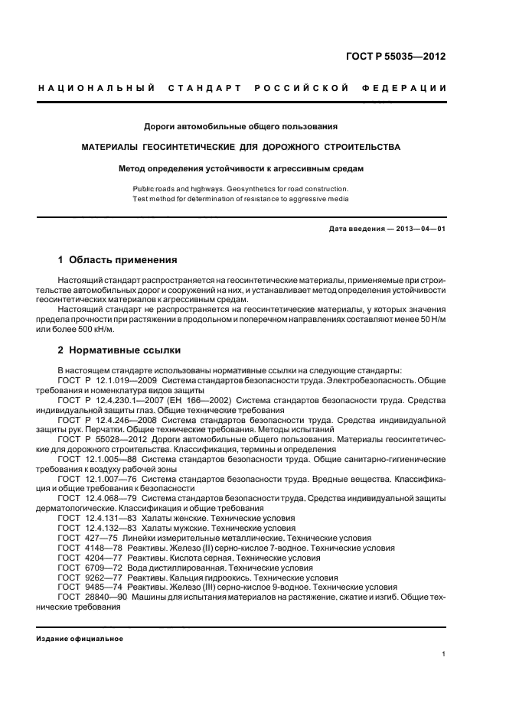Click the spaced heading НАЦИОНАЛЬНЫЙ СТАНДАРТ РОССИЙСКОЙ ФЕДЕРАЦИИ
pyautogui.click(x=243, y=89)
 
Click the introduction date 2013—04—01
pyautogui.click(x=421, y=229)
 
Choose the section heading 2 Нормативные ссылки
pyautogui.click(x=119, y=350)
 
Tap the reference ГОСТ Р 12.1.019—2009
pyautogui.click(x=104, y=379)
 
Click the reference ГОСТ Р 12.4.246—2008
pyautogui.click(x=104, y=419)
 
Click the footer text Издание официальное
pyautogui.click(x=80, y=639)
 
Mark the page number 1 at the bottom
pyautogui.click(x=444, y=654)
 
